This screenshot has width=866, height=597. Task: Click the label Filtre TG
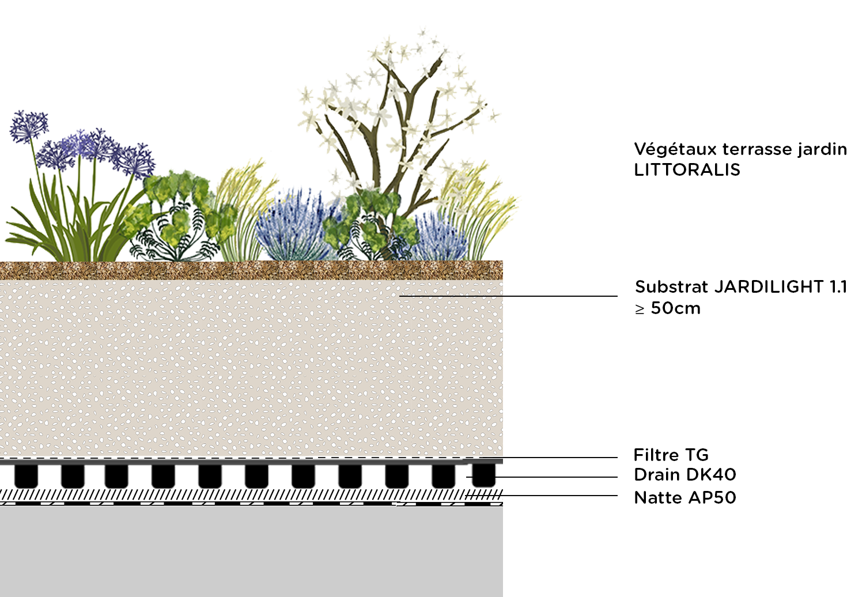(x=671, y=455)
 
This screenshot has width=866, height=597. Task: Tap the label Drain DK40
(x=685, y=475)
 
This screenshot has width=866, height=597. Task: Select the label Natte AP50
(x=685, y=497)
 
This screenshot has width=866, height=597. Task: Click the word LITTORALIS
(x=687, y=170)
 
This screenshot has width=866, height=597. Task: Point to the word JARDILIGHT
(x=769, y=287)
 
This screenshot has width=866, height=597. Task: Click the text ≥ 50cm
(x=668, y=308)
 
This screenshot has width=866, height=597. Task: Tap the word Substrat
(x=671, y=287)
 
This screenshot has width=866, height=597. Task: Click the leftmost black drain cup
(x=26, y=475)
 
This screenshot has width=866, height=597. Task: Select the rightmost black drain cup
(x=484, y=475)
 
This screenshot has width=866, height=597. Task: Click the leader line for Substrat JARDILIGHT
(x=507, y=296)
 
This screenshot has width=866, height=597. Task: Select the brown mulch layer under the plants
(x=251, y=270)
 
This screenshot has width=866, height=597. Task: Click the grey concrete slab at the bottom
(x=251, y=550)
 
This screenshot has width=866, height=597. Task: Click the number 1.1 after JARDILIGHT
(x=838, y=287)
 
